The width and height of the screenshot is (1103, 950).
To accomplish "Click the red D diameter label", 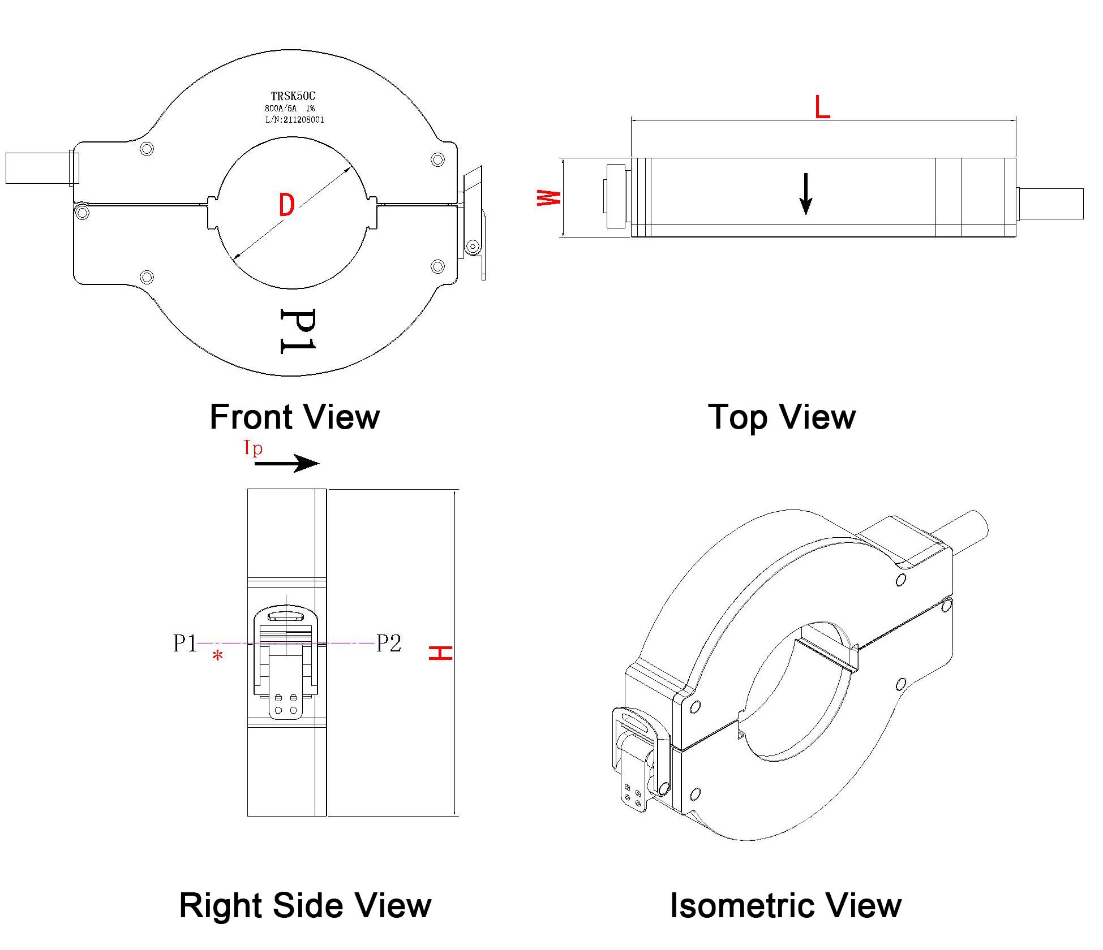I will tap(287, 205).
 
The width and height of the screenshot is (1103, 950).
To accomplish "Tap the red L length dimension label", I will tap(822, 107).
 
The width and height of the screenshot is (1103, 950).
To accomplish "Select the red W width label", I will tap(548, 198).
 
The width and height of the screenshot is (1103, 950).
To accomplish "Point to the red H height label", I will tap(440, 653).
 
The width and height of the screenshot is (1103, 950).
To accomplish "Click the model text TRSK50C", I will tap(293, 96).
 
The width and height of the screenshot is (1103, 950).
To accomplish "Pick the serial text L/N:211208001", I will tap(294, 120).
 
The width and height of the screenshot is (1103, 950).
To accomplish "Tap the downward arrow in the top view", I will tap(805, 194).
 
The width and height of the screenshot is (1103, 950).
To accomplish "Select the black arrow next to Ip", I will tap(286, 464).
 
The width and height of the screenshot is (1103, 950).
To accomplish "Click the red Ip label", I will tap(253, 448).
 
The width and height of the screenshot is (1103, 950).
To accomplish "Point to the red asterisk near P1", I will tap(217, 656).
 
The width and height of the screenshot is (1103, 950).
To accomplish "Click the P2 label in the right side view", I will tap(389, 643).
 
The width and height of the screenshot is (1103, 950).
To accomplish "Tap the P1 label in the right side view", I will tap(185, 643).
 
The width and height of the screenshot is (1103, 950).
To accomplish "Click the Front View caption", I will tap(294, 417).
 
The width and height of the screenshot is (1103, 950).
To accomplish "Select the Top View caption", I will tap(782, 417).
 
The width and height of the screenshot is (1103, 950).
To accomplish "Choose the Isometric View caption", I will tap(786, 905).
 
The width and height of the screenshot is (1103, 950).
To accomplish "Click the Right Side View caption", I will tap(305, 905).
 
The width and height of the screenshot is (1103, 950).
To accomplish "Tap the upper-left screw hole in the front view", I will tap(147, 149).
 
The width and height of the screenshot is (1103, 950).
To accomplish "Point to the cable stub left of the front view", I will tap(37, 168).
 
